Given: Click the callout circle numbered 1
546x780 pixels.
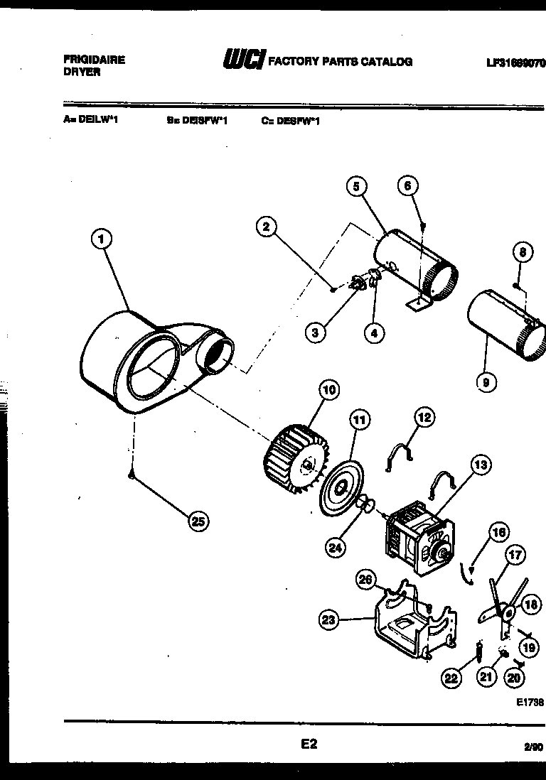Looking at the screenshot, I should tap(103, 239).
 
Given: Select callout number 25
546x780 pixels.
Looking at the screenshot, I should tap(198, 521).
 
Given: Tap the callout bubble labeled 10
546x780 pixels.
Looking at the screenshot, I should tap(328, 389).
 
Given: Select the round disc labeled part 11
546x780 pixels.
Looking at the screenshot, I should tap(339, 488).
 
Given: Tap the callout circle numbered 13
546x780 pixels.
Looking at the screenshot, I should tap(481, 465).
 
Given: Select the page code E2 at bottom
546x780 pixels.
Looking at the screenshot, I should tap(309, 744).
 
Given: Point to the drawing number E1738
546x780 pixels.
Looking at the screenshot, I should tap(529, 702).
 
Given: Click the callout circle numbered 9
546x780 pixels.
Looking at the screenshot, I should tap(486, 383).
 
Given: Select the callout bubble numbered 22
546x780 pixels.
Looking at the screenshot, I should tap(451, 678).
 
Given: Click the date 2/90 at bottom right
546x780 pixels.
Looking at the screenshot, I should tap(532, 747).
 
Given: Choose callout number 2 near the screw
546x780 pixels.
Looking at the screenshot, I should tap(266, 227).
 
